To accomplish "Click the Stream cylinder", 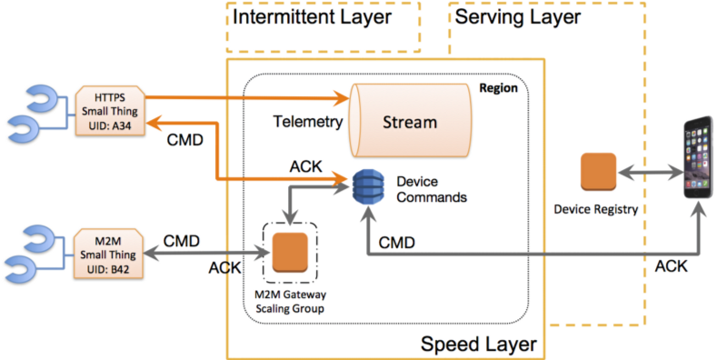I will (408, 121).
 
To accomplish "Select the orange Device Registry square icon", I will (599, 171).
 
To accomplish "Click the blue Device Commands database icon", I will (365, 188).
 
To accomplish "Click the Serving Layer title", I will (517, 17).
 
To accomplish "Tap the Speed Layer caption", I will (478, 345).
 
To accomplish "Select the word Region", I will (498, 88).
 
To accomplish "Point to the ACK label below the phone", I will (672, 265).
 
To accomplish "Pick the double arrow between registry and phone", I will (649, 171).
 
